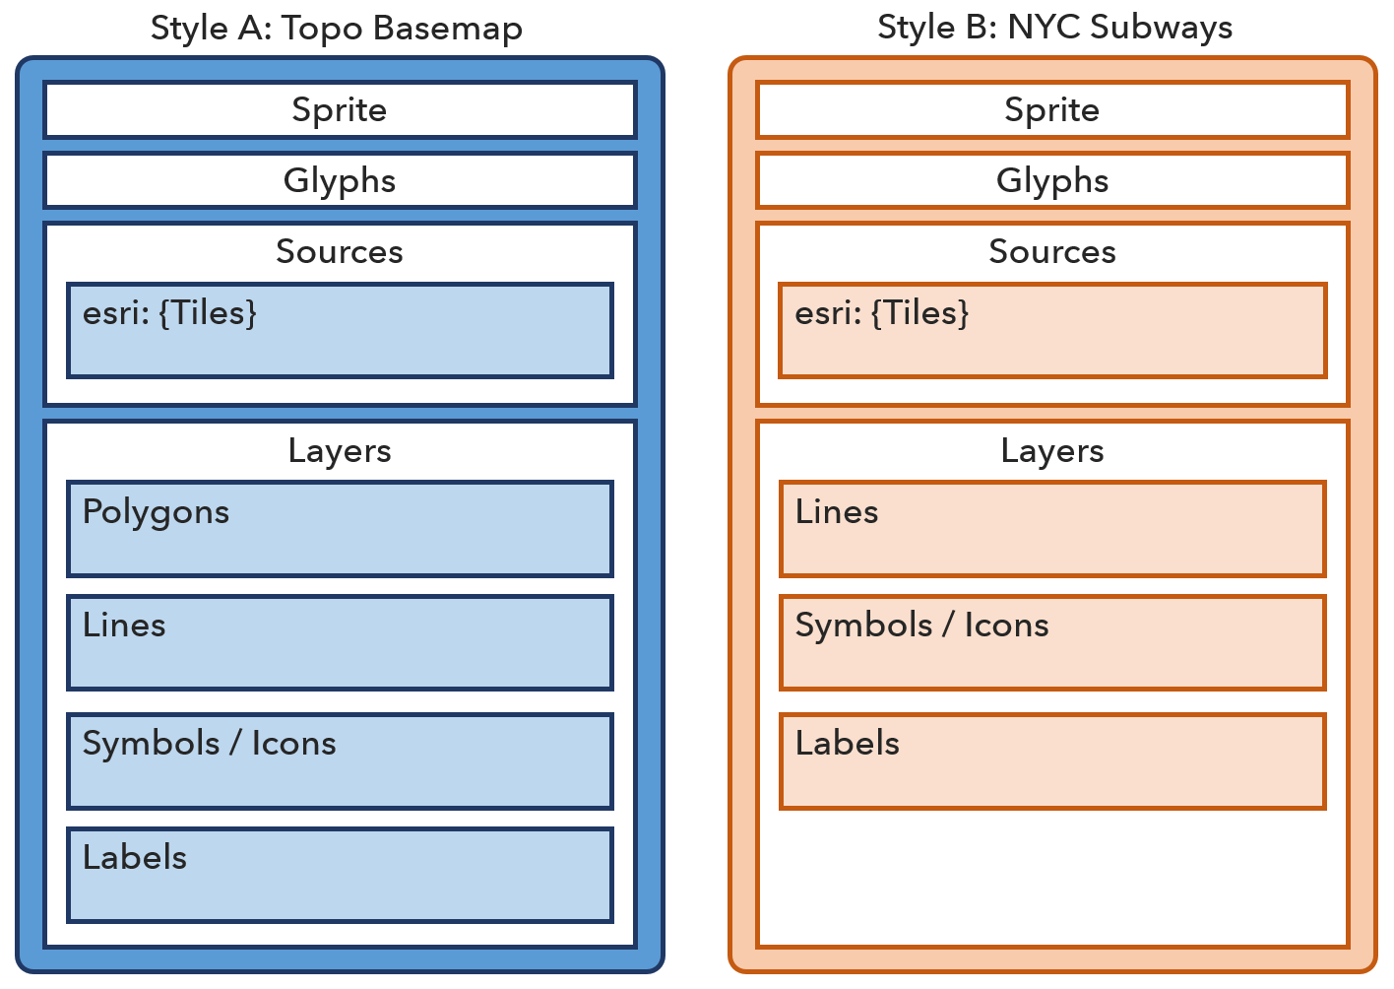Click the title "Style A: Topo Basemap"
click(337, 28)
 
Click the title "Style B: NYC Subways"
click(1054, 28)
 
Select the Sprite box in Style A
click(340, 109)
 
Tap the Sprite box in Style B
click(1051, 109)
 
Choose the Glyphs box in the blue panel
click(340, 180)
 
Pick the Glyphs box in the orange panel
click(1051, 180)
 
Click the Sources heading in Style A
click(340, 251)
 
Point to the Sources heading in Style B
click(1051, 251)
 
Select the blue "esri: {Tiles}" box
click(340, 331)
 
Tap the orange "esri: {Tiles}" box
click(1051, 331)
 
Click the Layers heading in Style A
click(340, 450)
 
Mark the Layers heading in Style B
click(1051, 450)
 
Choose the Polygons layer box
click(340, 529)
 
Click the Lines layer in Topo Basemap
click(340, 642)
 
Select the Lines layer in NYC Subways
click(1051, 529)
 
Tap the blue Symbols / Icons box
click(340, 760)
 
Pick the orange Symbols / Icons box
click(1051, 642)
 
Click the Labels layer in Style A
click(340, 875)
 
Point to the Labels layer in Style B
click(1051, 760)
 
